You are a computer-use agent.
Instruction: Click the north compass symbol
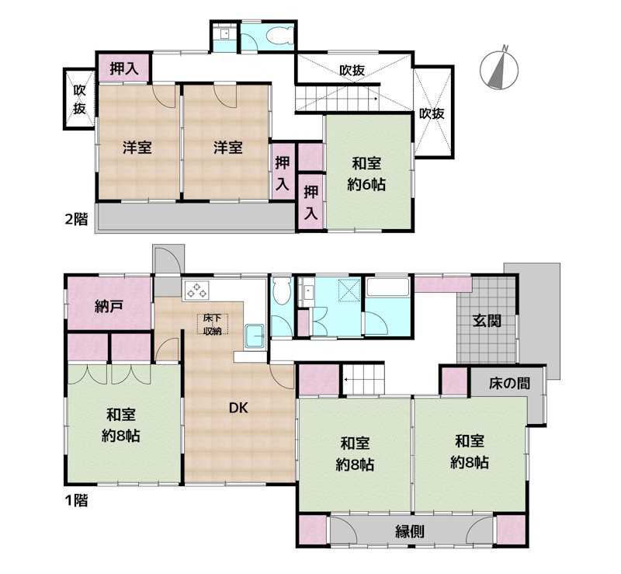(499, 68)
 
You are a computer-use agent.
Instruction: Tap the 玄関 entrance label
(487, 320)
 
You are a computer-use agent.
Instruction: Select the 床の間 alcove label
(509, 383)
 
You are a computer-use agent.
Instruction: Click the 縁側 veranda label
(410, 531)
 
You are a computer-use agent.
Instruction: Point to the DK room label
(238, 408)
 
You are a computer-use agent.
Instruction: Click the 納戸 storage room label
(109, 306)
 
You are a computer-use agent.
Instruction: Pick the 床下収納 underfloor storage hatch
(212, 324)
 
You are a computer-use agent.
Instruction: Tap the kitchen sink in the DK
(255, 336)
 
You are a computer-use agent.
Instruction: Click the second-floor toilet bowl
(279, 36)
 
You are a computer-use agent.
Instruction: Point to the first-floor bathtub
(388, 287)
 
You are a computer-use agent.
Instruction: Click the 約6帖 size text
(366, 185)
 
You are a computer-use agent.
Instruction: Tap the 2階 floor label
(76, 219)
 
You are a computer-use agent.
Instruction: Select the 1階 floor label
(76, 500)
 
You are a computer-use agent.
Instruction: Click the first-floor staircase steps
(363, 380)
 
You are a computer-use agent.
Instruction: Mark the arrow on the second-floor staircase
(338, 99)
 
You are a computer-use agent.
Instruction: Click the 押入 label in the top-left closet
(124, 68)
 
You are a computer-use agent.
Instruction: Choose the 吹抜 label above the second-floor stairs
(352, 70)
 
